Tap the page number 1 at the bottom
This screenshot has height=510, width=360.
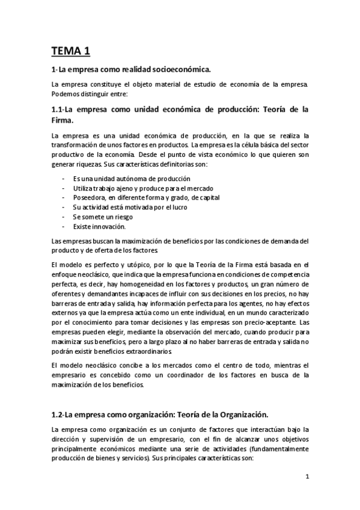click(307, 478)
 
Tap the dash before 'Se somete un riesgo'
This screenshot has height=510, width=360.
click(64, 217)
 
